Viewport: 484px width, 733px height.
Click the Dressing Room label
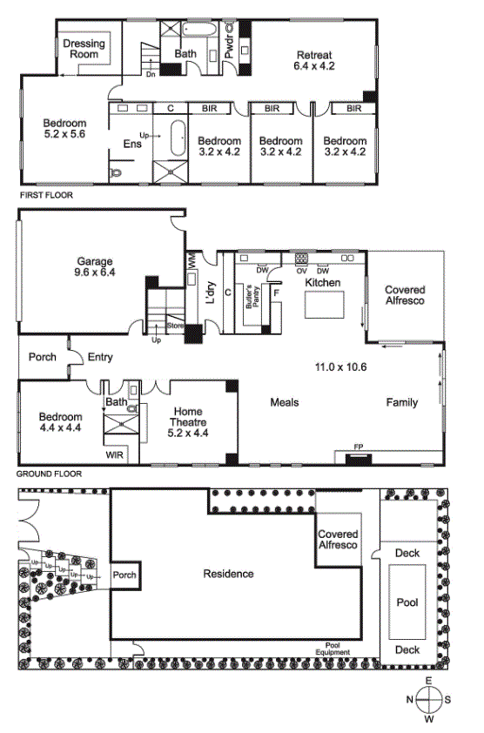(x=84, y=49)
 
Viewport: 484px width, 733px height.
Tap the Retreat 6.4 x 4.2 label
(x=314, y=60)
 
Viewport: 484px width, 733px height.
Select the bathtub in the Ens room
(x=178, y=138)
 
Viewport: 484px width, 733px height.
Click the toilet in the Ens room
(x=116, y=173)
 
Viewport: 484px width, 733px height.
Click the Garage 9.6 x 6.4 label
(x=95, y=266)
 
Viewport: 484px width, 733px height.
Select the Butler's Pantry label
(x=252, y=296)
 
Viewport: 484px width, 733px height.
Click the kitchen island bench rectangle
(x=325, y=305)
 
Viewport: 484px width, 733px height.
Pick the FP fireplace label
(x=358, y=447)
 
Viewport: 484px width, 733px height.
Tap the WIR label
(x=115, y=454)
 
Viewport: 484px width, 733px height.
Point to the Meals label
(x=285, y=402)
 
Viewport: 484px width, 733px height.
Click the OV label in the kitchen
(x=301, y=271)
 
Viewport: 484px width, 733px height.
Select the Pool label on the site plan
(x=407, y=602)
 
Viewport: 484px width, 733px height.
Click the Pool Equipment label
(x=333, y=649)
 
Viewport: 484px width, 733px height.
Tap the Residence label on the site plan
(x=229, y=574)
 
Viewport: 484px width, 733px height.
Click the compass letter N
(x=410, y=699)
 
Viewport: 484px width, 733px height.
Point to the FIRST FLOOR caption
(x=46, y=195)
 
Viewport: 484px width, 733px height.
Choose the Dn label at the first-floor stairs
(x=151, y=74)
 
